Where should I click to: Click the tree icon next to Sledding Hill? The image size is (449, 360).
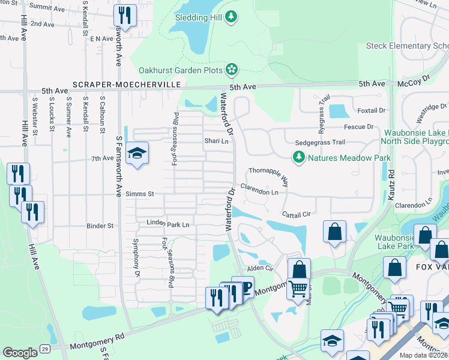pos(230,17)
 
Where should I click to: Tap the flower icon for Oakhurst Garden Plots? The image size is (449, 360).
pos(232,71)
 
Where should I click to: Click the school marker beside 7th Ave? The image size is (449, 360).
pos(137,154)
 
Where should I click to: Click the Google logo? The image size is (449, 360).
pos(20,353)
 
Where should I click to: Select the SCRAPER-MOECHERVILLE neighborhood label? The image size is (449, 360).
pos(126,85)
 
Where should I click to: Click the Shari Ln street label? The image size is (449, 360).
pos(217,142)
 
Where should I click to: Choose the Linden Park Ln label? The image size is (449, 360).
pos(168,224)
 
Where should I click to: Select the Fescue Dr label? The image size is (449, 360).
pos(358,127)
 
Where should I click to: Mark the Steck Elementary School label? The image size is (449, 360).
pos(414,46)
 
